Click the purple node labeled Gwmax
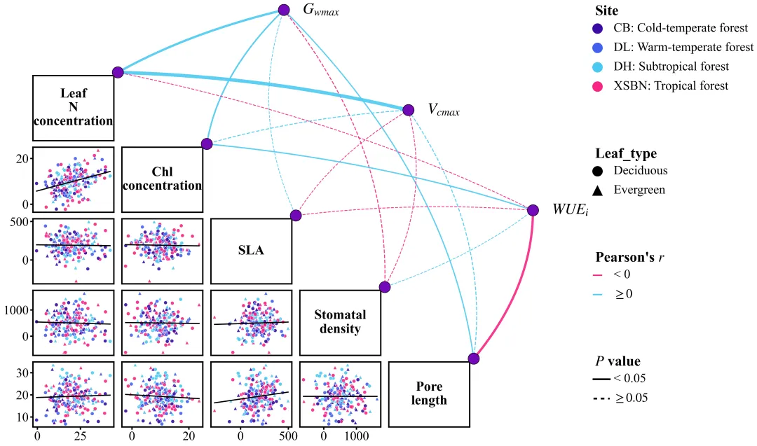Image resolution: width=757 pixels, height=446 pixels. click(284, 10)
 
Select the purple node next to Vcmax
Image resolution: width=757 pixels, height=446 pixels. click(408, 110)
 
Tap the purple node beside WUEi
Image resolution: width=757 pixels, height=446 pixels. click(533, 210)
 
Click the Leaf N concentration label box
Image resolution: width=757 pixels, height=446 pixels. click(74, 107)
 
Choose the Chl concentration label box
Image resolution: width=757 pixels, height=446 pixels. click(162, 179)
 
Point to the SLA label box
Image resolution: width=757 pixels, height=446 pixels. click(251, 250)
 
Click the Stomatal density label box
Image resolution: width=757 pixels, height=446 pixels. click(340, 322)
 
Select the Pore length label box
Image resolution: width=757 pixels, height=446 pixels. click(429, 393)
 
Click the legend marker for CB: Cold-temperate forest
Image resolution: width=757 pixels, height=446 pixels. click(598, 29)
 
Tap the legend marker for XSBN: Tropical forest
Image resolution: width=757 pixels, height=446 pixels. click(598, 87)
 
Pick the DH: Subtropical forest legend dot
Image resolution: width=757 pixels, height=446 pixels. click(598, 67)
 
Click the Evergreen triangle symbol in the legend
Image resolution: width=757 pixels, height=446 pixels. click(598, 190)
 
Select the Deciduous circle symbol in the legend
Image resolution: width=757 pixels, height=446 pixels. click(598, 171)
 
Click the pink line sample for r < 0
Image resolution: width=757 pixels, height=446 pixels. click(598, 275)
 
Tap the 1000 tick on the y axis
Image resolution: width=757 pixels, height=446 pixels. click(16, 309)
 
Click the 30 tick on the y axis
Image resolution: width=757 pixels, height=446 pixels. click(22, 372)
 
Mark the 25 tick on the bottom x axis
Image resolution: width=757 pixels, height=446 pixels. click(80, 436)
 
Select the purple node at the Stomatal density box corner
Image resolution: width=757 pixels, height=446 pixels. click(385, 287)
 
